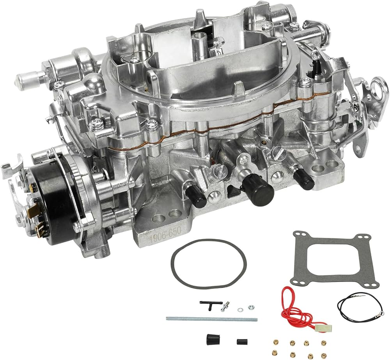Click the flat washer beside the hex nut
point(240,310)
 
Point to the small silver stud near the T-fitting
point(225,307)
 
